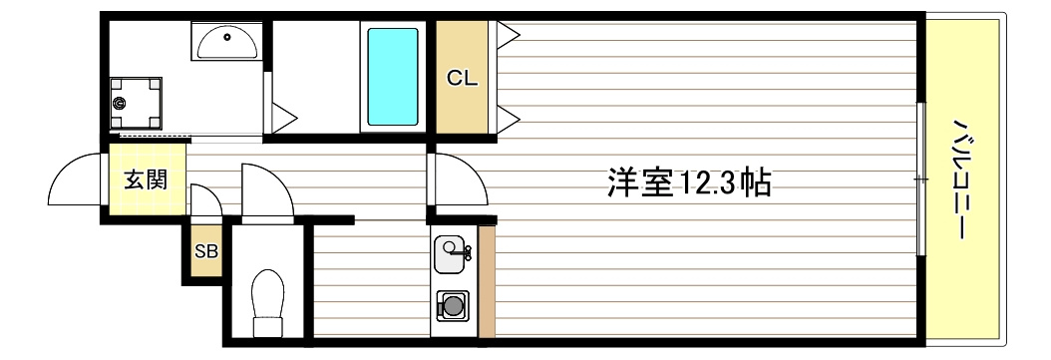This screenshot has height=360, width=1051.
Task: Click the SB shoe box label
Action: (x=205, y=251)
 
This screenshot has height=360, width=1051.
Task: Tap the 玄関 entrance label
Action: (x=145, y=180)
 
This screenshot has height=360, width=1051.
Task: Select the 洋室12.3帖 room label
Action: (x=688, y=182)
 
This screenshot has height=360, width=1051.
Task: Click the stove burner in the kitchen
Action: (x=454, y=305)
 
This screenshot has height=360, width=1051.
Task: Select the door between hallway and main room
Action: (x=457, y=180)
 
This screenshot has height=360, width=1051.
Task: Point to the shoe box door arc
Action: (x=204, y=199)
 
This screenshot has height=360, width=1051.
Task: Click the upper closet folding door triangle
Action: (x=507, y=37)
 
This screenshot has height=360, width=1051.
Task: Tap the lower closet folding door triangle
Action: (x=507, y=122)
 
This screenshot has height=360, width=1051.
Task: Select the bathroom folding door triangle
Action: (x=281, y=116)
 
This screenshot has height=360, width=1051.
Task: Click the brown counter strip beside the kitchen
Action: (x=487, y=281)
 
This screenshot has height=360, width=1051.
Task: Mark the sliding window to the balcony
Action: (x=919, y=180)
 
